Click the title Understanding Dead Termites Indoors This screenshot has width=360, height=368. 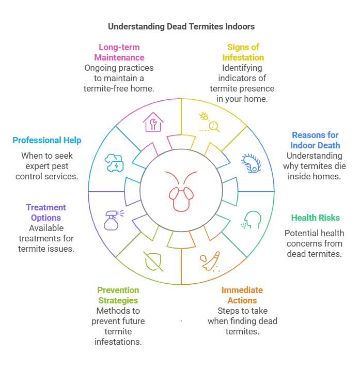pyautogui.click(x=181, y=26)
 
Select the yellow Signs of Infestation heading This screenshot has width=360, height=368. pyautogui.click(x=243, y=52)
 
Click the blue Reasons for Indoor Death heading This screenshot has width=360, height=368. pyautogui.click(x=315, y=140)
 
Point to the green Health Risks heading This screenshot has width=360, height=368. pyautogui.click(x=315, y=218)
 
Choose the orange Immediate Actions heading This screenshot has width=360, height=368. pyautogui.click(x=242, y=295)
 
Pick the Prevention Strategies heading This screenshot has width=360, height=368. pyautogui.click(x=118, y=295)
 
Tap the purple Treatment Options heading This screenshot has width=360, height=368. pyautogui.click(x=46, y=212)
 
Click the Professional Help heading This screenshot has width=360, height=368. pyautogui.click(x=47, y=140)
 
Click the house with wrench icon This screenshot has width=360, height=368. pyautogui.click(x=153, y=122)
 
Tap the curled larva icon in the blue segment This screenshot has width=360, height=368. pyautogui.click(x=251, y=162)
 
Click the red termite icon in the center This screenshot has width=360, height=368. pyautogui.click(x=181, y=191)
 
